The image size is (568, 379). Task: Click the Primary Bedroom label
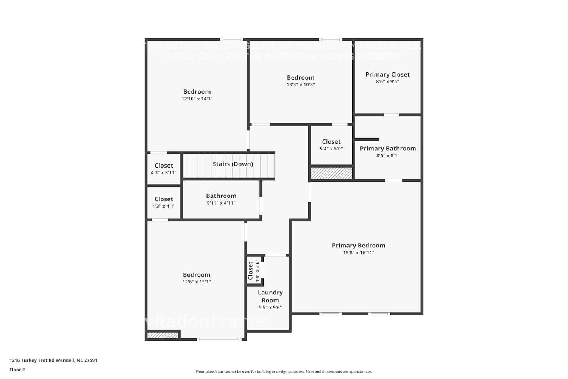point(358,246)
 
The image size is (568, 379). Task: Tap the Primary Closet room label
point(387,75)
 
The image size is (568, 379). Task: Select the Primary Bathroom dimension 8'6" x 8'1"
point(388,156)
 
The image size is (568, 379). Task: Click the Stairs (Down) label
point(233,164)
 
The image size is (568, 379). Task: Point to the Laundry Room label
point(270,296)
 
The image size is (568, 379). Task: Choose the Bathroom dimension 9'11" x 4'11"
point(221,203)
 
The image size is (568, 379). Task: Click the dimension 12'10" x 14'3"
point(197,99)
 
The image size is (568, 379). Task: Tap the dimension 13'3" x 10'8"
point(301,85)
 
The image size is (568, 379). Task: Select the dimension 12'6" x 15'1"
point(197,282)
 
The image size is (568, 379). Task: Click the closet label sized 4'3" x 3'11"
point(164,166)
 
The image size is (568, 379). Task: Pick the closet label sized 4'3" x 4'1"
point(164,199)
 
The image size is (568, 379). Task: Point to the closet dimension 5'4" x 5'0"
point(331,149)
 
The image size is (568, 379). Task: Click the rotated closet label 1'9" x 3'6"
point(253,271)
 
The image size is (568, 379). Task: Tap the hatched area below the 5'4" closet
point(331,173)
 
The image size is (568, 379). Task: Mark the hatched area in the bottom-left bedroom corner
point(162,335)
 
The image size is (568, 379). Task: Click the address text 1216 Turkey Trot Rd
point(53,360)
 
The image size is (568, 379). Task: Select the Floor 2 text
point(17,370)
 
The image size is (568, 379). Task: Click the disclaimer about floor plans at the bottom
point(284,372)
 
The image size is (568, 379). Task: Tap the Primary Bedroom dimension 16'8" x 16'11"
point(358,253)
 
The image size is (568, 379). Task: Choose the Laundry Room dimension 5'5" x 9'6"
point(270,308)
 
